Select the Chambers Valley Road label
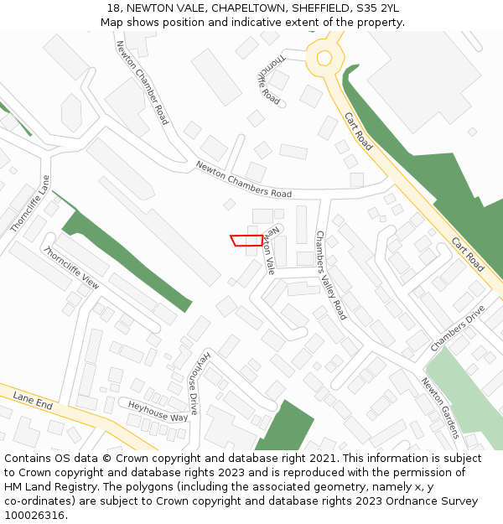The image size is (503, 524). coord(330,275)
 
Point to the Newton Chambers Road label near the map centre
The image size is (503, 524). coord(243,179)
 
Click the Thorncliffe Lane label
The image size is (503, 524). coord(31,204)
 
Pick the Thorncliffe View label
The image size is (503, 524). coord(71,267)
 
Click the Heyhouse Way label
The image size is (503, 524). coord(158,411)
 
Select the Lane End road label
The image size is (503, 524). coord(33,402)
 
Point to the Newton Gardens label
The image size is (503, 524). coord(440,407)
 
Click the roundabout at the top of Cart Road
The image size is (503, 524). coord(322,58)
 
